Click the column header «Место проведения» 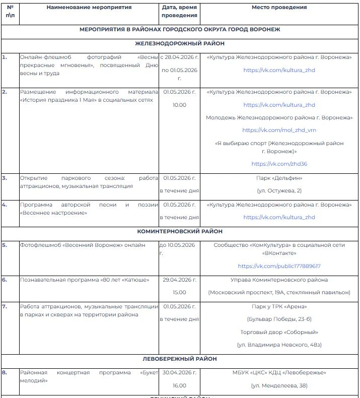pos(279,8)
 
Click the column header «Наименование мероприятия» pos(89,8)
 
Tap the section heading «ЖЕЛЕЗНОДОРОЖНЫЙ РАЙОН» pos(180,44)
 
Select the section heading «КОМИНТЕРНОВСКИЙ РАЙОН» pos(180,231)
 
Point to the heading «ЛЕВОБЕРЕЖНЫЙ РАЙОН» pos(180,359)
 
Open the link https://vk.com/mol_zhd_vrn pos(279,130)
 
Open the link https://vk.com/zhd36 pos(279,164)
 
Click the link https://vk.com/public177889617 pos(279,266)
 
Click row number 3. pos(5,178)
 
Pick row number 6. pos(5,280)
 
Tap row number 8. pos(5,372)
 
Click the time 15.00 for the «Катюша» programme pos(180,292)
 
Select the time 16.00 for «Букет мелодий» pos(180,385)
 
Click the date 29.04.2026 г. pos(180,280)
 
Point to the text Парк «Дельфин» pos(279,178)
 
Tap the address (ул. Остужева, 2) pos(279,190)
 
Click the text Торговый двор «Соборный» pos(279,332)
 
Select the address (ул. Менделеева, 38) pos(279,385)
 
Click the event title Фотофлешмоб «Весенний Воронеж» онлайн pos(83,245)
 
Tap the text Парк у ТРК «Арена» pos(279,306)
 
